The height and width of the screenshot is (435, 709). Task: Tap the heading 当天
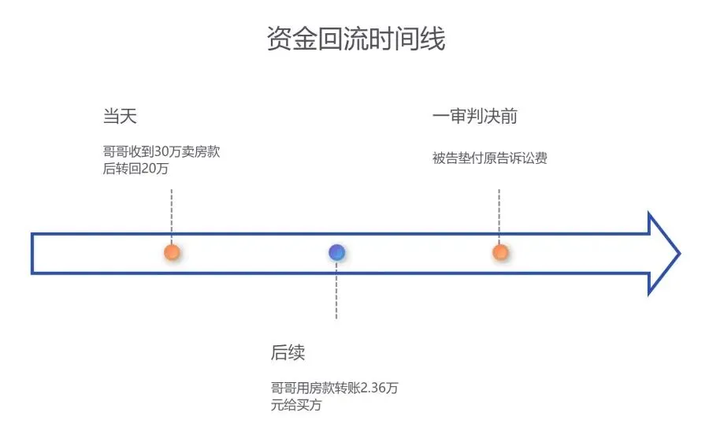[x=120, y=117]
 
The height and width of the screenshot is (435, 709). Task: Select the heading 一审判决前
[x=474, y=117]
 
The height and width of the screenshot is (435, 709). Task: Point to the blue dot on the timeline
[x=336, y=253]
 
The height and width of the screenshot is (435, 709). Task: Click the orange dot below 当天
[x=172, y=253]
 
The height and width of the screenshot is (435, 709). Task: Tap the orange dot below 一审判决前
[x=499, y=253]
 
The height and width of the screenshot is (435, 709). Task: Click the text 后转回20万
[x=136, y=169]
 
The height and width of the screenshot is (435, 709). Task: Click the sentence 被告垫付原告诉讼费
[x=489, y=158]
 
